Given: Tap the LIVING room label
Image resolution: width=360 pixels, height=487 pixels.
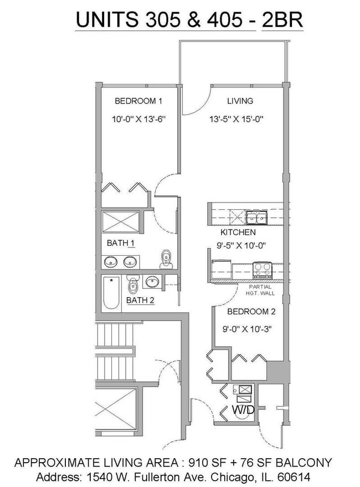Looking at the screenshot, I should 240,101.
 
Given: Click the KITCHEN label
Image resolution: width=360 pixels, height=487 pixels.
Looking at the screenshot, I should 238,232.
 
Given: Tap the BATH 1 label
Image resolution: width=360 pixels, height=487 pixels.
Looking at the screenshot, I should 121,243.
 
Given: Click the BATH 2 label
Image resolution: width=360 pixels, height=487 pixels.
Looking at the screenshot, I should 140,301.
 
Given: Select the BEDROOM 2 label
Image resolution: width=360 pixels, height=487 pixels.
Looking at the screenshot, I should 251,312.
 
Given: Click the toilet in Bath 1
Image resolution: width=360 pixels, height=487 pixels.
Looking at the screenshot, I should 166,259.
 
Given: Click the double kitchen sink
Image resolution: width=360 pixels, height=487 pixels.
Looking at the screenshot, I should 256,217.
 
